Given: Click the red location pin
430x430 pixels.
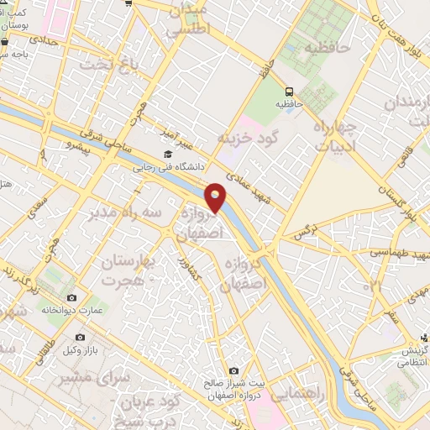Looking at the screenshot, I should pos(217,197).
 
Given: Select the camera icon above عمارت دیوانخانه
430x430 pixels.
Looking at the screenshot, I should pos(71,298).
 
